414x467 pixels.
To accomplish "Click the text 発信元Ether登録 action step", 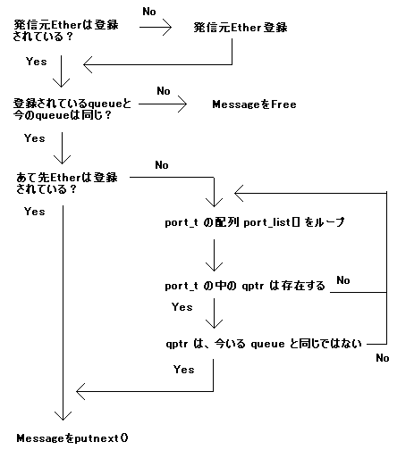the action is [241, 28].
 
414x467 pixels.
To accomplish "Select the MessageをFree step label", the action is [255, 104].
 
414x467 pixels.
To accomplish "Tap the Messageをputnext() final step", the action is [72, 438].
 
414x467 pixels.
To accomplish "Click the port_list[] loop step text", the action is [255, 222].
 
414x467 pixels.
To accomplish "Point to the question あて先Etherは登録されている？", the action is [67, 183].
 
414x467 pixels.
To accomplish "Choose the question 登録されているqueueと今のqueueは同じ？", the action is [72, 109].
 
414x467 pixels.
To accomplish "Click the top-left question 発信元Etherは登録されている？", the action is [66, 30].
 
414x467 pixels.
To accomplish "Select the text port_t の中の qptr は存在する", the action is [245, 286].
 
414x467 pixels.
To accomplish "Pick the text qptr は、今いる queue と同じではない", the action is [264, 344].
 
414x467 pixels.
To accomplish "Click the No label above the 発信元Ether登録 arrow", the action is [149, 12].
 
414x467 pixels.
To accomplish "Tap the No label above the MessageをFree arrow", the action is [164, 91].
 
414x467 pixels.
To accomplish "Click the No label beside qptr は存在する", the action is [343, 280].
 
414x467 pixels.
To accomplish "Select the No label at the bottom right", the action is [383, 358].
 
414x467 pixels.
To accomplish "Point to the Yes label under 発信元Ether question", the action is [37, 62].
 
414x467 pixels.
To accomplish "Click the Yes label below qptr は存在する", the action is [182, 307].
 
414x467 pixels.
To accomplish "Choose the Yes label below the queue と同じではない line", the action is [183, 370].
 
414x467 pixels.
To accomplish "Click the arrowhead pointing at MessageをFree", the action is [182, 104].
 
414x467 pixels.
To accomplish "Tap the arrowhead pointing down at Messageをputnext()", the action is [63, 416].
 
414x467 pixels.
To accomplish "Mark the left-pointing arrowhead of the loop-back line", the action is [239, 193].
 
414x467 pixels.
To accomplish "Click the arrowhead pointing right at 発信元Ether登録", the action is [167, 28].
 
